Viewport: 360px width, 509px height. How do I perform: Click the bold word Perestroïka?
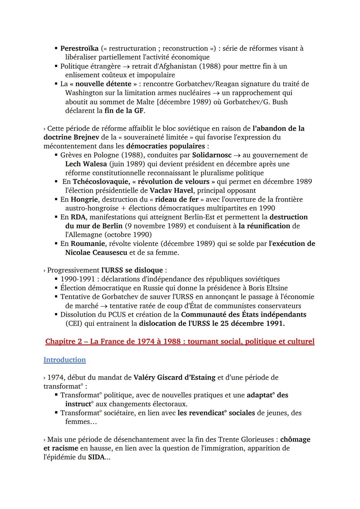[x=79, y=48]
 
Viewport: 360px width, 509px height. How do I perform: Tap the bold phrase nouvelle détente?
[x=103, y=84]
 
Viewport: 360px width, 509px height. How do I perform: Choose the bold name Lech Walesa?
[x=86, y=164]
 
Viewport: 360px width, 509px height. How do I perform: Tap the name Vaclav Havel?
[x=171, y=191]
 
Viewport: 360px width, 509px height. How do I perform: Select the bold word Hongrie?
[x=84, y=199]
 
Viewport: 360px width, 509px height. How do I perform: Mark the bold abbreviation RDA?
[x=78, y=217]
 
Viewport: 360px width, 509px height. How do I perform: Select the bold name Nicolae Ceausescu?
[x=96, y=253]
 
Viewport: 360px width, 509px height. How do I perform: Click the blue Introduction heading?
[x=65, y=360]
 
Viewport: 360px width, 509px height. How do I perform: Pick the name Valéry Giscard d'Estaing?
[x=174, y=378]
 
